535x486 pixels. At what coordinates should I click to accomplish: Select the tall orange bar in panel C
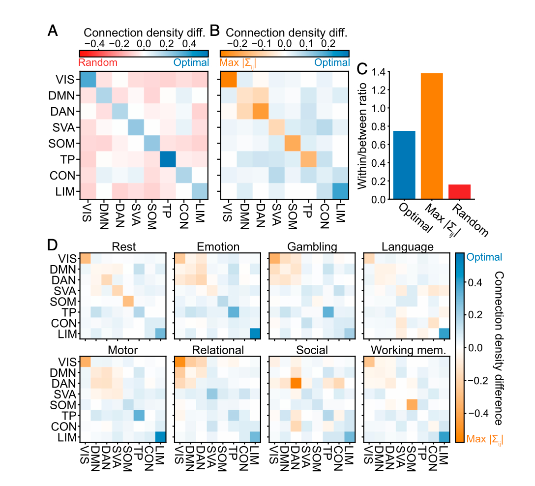(x=432, y=136)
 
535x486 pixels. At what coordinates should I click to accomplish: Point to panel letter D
(x=53, y=244)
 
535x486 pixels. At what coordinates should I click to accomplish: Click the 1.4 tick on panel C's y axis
(x=377, y=72)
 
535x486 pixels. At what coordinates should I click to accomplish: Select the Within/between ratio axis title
(x=363, y=136)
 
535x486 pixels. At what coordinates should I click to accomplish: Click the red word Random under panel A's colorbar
(x=97, y=63)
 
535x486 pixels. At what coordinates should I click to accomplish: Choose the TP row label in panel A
(x=66, y=160)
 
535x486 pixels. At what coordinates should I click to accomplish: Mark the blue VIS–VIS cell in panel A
(x=88, y=79)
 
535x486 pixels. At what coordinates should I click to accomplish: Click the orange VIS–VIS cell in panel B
(x=228, y=79)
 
